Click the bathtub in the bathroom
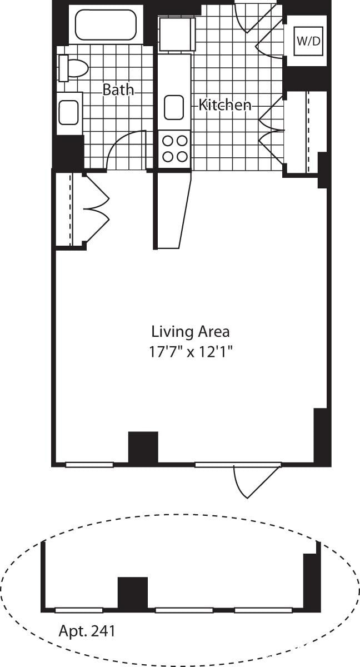pyautogui.click(x=106, y=24)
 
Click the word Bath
pyautogui.click(x=118, y=89)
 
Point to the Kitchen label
pyautogui.click(x=225, y=104)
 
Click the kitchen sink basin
pyautogui.click(x=174, y=107)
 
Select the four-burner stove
pyautogui.click(x=174, y=149)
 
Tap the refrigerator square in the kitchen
pyautogui.click(x=177, y=34)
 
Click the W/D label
pyautogui.click(x=308, y=41)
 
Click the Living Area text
pyautogui.click(x=190, y=332)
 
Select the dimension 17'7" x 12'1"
pyautogui.click(x=190, y=352)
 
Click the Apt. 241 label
pyautogui.click(x=87, y=631)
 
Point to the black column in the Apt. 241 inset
pyautogui.click(x=133, y=593)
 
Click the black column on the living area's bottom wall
pyautogui.click(x=143, y=447)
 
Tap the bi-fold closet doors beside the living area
pyautogui.click(x=96, y=208)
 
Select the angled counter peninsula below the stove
pyautogui.click(x=173, y=211)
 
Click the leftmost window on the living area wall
pyautogui.click(x=89, y=464)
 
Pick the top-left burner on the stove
pyautogui.click(x=167, y=141)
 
